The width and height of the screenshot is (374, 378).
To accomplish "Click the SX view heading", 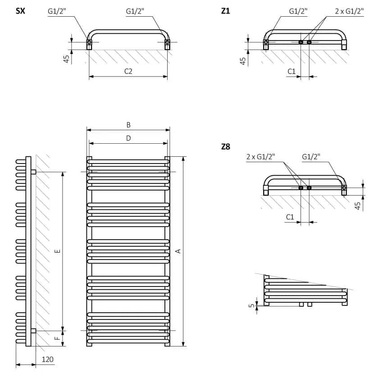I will [x=20, y=11].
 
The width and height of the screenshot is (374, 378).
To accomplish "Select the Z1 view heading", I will [x=225, y=11].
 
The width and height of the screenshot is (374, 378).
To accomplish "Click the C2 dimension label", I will [x=128, y=71].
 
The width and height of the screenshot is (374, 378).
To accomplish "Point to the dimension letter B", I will [x=128, y=125].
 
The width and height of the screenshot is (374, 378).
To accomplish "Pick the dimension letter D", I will [x=128, y=138].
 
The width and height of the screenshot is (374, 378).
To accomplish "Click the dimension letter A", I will [x=178, y=251].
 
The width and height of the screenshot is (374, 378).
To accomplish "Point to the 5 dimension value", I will [x=251, y=305].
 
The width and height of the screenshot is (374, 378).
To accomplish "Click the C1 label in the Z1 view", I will [x=292, y=71].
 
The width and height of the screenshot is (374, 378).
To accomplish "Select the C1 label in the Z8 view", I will [x=290, y=217].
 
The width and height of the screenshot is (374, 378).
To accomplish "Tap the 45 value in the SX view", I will [x=67, y=59].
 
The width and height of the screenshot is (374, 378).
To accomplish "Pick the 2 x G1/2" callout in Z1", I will [x=349, y=11].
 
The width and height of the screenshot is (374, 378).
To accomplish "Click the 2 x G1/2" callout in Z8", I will [x=260, y=157].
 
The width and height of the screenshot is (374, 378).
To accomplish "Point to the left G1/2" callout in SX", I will [x=57, y=11].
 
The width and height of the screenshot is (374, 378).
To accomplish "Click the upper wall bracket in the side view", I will [x=33, y=172].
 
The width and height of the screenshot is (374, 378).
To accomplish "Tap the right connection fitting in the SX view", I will [x=168, y=43].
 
